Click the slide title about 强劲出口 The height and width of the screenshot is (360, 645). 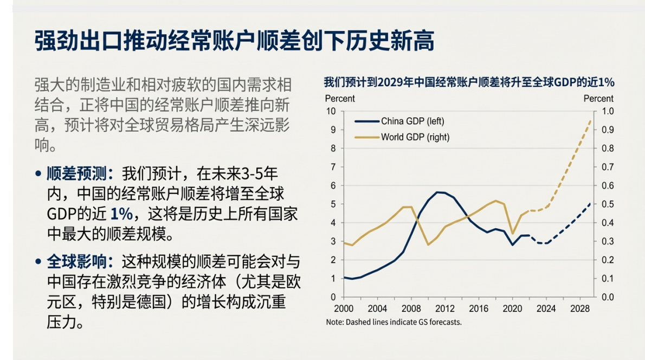(235, 41)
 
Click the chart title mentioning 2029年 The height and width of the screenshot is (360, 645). (469, 82)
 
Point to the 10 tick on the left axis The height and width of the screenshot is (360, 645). (331, 111)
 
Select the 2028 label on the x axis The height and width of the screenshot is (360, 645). (580, 309)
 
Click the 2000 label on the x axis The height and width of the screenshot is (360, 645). (344, 309)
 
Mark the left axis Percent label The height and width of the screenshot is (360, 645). (340, 99)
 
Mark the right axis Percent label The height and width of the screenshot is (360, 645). (598, 99)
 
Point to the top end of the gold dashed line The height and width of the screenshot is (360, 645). (590, 121)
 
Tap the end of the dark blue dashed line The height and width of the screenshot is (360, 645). (590, 203)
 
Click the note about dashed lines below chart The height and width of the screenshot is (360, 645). (394, 322)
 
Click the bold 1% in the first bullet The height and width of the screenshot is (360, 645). (120, 213)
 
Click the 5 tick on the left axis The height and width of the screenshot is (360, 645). (333, 204)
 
